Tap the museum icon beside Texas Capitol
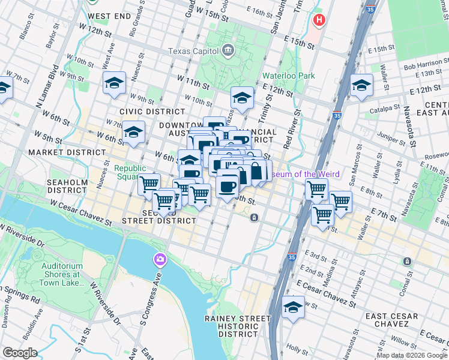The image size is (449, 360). [x=228, y=50]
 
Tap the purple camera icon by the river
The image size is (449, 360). [x=160, y=259]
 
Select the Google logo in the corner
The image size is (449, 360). [x=20, y=353]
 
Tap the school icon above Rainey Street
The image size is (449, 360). [x=292, y=307]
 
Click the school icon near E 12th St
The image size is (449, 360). [x=362, y=85]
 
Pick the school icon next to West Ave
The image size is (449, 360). [x=113, y=83]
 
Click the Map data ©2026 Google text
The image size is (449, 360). [x=411, y=355]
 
